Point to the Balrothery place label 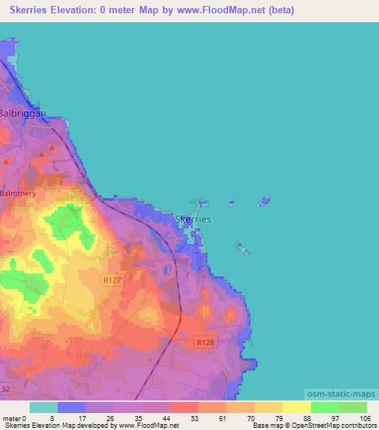(x=18, y=194)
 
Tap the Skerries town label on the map (x=192, y=219)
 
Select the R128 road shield (x=205, y=343)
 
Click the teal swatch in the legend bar (x=44, y=407)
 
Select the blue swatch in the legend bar (x=72, y=407)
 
